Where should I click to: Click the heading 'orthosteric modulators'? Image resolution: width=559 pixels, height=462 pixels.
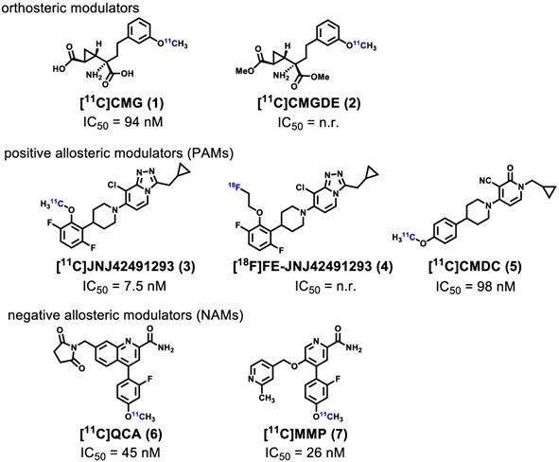(70, 8)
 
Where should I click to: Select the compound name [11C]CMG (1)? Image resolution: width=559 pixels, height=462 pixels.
(122, 103)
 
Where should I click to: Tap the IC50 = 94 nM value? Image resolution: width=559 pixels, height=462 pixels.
(123, 122)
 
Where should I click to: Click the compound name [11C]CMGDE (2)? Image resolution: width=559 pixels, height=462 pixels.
(309, 103)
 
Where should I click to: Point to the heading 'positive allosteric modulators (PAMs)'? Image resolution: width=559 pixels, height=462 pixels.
(119, 153)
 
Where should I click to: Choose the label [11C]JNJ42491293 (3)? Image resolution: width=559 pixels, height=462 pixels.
(126, 266)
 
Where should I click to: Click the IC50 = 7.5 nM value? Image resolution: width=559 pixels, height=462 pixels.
(125, 286)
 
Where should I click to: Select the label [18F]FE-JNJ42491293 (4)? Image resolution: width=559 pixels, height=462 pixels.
(313, 266)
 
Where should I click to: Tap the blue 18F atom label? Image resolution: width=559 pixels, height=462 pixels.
(235, 186)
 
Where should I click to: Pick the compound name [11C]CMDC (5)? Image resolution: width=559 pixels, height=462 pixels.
(475, 267)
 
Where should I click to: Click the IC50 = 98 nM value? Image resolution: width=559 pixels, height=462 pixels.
(476, 287)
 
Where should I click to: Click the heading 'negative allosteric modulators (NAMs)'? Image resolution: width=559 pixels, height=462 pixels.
(126, 315)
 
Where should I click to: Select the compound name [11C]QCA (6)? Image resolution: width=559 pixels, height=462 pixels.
(121, 434)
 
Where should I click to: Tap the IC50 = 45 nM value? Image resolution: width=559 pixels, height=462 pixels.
(120, 453)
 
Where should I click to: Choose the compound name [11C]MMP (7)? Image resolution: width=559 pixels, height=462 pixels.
(306, 434)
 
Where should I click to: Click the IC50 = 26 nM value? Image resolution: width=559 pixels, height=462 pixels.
(305, 453)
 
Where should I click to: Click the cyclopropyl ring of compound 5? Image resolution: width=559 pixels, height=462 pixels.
(549, 190)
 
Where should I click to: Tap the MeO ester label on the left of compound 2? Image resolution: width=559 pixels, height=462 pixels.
(245, 71)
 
